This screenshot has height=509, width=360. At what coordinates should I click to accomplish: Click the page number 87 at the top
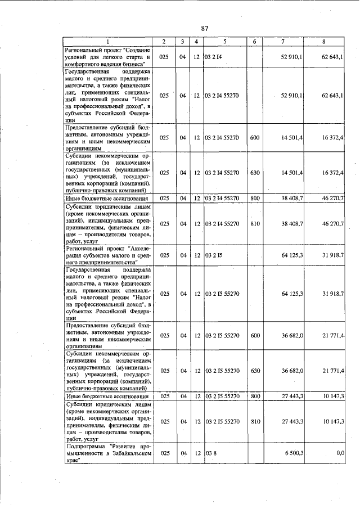205,28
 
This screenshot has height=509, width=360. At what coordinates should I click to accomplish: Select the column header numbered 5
224,42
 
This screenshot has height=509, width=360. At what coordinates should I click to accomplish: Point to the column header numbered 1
109,42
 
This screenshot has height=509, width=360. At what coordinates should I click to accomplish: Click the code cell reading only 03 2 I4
215,57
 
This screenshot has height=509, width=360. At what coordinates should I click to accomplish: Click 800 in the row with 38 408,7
255,199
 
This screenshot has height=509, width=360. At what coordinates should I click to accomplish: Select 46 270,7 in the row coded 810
332,224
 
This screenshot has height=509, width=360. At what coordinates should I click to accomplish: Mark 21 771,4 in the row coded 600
332,336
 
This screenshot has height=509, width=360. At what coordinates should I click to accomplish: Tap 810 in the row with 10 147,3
255,421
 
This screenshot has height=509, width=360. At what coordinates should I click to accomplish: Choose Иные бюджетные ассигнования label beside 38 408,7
107,199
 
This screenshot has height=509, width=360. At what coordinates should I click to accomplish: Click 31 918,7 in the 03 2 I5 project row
332,255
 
